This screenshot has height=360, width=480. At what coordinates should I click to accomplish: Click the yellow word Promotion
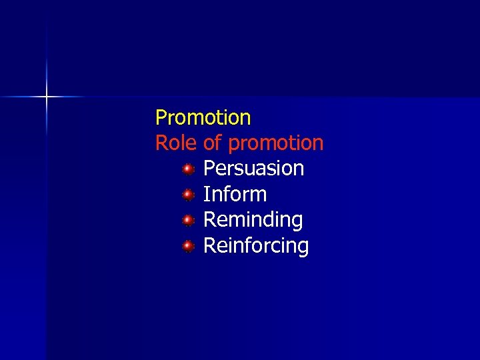tap(203, 118)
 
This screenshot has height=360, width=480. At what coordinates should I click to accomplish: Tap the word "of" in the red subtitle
tap(212, 143)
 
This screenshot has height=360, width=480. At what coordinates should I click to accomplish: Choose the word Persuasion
tap(253, 169)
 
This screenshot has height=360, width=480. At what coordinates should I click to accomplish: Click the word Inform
tap(235, 195)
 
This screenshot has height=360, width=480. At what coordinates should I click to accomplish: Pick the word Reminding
tap(253, 220)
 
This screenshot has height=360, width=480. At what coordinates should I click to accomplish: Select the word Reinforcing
tap(256, 246)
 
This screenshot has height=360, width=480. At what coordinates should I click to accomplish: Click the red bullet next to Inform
tap(189, 195)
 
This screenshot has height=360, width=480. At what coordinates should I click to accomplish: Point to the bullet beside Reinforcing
tap(189, 246)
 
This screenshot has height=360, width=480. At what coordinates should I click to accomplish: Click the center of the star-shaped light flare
tap(47, 97)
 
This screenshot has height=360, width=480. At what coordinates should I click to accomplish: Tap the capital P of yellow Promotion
tap(161, 118)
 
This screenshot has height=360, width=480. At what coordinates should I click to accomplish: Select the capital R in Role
tap(161, 143)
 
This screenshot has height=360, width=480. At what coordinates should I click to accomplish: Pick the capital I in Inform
tap(206, 195)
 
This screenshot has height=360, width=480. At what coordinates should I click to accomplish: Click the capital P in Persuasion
tap(209, 169)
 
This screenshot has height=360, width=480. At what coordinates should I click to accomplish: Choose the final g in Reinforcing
tap(303, 247)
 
